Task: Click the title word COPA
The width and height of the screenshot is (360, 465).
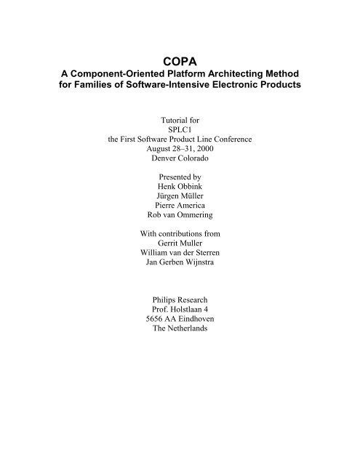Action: click(x=180, y=61)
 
